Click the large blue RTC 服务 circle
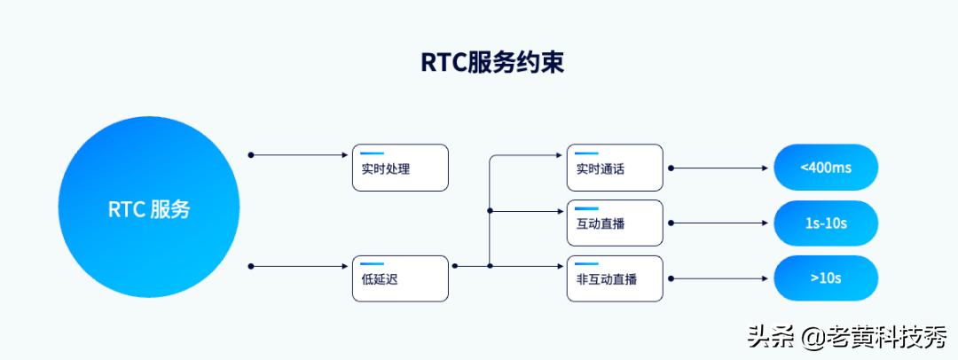tap(149, 210)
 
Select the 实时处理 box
tap(401, 168)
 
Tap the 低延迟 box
tap(401, 278)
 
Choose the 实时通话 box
tap(615, 168)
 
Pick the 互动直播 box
tap(615, 223)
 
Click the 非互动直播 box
tap(615, 278)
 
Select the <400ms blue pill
tap(825, 168)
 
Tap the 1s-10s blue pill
tap(825, 223)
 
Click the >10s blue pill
tap(825, 278)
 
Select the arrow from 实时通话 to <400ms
tap(718, 168)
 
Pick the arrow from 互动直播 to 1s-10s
tap(718, 223)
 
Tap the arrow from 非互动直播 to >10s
tap(718, 278)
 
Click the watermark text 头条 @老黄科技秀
tap(847, 338)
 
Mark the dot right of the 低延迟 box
tap(455, 265)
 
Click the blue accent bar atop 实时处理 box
tap(372, 153)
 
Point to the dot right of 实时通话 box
tap(671, 168)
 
